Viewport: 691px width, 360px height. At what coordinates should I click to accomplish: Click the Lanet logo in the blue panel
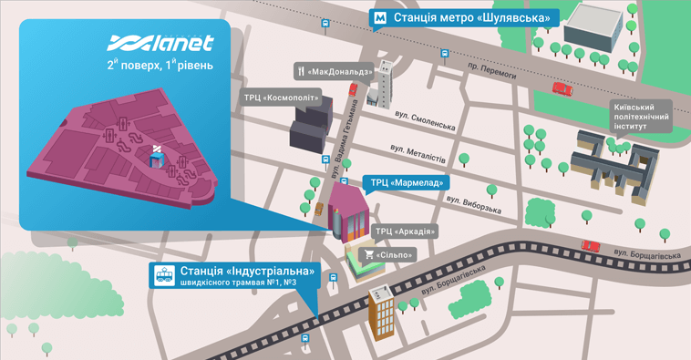point(160,43)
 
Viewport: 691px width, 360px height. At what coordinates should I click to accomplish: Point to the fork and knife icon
point(300,71)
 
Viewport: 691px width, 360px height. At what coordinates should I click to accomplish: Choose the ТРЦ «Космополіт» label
point(284,98)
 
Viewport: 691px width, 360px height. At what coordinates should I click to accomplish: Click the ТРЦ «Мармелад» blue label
point(405,182)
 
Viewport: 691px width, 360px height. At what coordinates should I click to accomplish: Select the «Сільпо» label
point(395,254)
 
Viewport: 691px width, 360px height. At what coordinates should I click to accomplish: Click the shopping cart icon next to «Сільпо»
point(369,254)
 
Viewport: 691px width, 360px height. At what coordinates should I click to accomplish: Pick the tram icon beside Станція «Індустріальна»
point(165,275)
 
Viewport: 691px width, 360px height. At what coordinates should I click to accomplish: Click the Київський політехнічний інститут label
point(642,117)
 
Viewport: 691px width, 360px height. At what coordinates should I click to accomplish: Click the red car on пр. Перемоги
point(562,88)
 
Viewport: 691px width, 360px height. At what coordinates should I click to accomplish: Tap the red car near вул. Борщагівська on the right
point(591,245)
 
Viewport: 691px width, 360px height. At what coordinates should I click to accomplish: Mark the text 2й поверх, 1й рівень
point(160,66)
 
